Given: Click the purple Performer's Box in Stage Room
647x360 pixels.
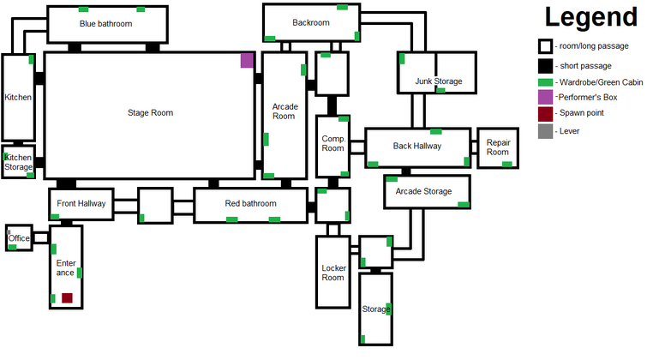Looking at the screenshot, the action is click(247, 60).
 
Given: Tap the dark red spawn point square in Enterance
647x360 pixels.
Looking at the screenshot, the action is click(67, 297).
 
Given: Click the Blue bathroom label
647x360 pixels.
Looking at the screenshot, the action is click(106, 24).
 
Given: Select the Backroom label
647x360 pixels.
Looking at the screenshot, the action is click(311, 22).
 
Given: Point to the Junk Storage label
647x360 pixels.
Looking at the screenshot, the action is click(439, 81).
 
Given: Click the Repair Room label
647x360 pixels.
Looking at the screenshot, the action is click(498, 147).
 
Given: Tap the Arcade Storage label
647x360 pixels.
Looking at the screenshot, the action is click(424, 191).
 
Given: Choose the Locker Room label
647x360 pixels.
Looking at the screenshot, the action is click(333, 273).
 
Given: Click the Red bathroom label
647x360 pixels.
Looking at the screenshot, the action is click(250, 203).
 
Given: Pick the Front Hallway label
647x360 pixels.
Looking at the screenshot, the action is click(81, 203).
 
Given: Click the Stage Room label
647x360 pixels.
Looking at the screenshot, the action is click(150, 112).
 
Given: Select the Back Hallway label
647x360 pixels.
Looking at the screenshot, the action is click(417, 147).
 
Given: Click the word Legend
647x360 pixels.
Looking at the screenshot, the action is click(591, 17).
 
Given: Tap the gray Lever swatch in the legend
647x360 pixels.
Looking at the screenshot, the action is click(545, 131).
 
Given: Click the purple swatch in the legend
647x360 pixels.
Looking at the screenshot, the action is click(545, 98).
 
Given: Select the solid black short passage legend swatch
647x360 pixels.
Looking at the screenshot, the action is click(545, 66).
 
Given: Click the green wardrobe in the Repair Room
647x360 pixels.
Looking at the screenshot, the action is click(506, 165).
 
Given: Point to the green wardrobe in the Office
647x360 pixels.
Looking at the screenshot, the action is click(12, 247).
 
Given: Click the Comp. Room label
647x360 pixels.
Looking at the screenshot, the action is click(333, 143).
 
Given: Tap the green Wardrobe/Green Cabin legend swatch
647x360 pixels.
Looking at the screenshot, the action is click(545, 82).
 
